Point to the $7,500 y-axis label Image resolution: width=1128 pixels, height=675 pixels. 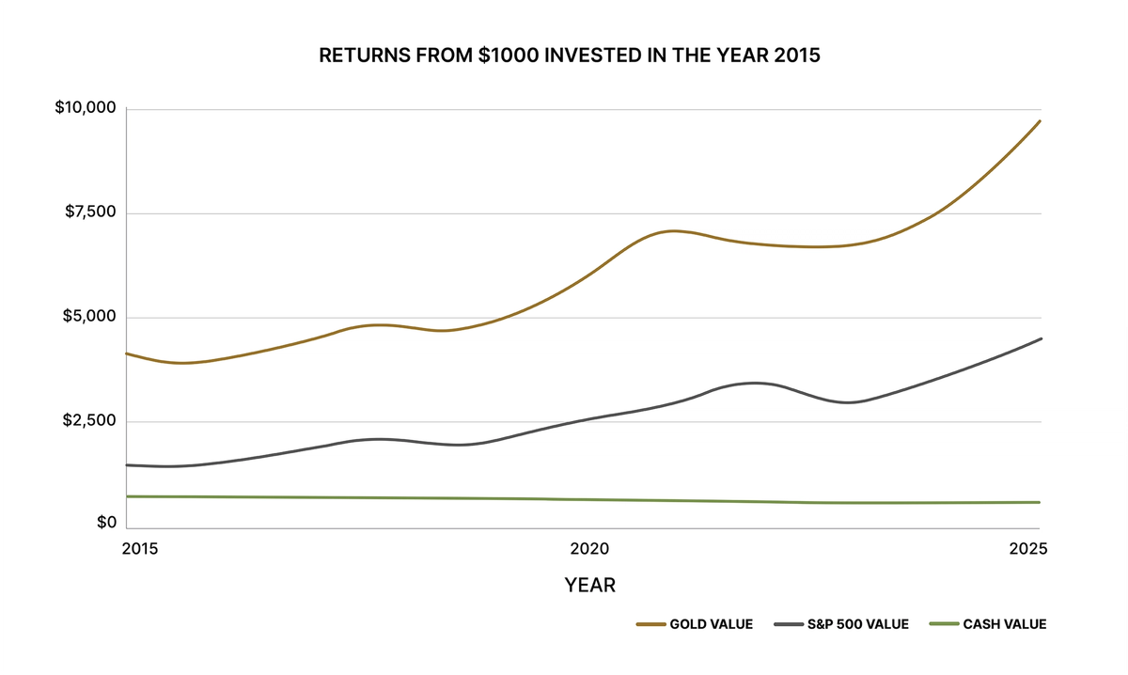pos(89,212)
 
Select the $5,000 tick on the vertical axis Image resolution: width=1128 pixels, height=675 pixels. pos(88,317)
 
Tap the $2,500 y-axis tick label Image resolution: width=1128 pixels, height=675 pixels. pos(88,420)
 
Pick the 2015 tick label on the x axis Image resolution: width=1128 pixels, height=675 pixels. pos(141,548)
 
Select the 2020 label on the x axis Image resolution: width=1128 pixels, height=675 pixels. pos(589,548)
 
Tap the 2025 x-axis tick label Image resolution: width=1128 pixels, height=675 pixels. pos(1027,548)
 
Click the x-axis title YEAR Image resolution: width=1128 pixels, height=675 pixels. pos(589,586)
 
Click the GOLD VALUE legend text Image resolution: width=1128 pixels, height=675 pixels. pos(711,624)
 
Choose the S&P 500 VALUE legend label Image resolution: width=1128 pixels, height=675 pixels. pos(858,624)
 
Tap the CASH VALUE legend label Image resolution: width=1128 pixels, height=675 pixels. pos(1005,624)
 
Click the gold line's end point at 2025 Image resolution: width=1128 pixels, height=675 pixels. pos(1040,121)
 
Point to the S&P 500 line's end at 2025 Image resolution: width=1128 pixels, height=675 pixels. pos(1040,338)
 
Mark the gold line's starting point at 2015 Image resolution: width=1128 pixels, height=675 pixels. pos(126,353)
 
